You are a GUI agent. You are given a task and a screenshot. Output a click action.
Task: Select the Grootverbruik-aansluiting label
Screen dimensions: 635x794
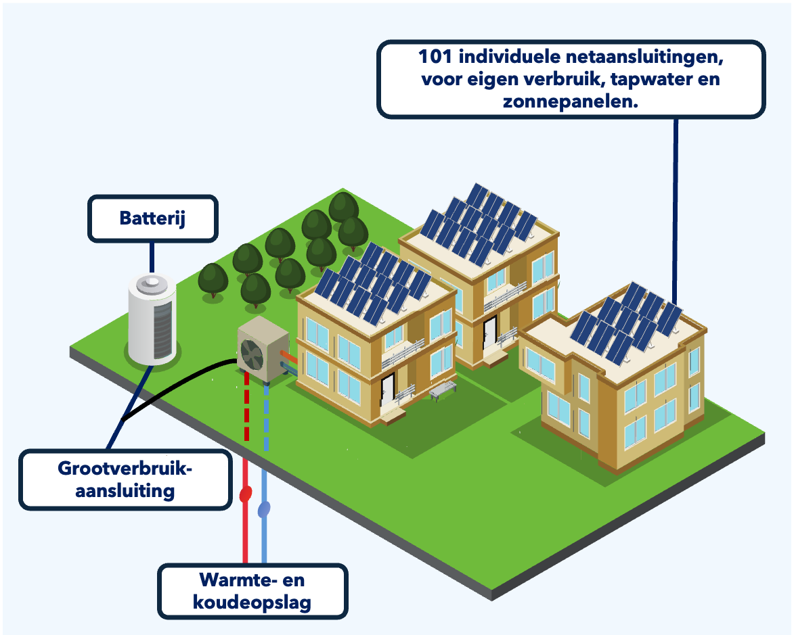pyautogui.click(x=125, y=479)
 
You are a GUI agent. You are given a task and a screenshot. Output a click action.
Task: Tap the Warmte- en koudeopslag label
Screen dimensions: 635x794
pyautogui.click(x=252, y=591)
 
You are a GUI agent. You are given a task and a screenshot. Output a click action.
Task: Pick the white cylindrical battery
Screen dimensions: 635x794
pyautogui.click(x=152, y=321)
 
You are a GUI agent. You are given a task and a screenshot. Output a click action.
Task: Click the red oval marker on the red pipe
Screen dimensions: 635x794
pyautogui.click(x=246, y=494)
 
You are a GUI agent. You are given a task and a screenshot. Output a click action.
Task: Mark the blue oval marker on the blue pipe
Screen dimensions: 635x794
pyautogui.click(x=265, y=508)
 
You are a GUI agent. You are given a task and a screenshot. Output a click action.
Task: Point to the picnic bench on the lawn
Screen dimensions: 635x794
pyautogui.click(x=442, y=390)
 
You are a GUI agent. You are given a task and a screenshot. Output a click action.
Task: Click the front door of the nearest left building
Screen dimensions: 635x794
pyautogui.click(x=387, y=390)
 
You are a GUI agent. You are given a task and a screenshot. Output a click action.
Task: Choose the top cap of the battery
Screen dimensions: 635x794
pyautogui.click(x=152, y=283)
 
